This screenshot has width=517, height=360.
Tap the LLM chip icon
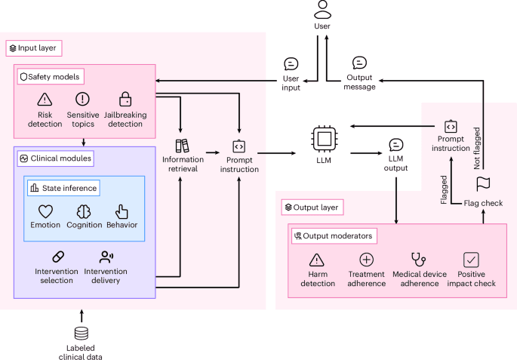pos(323,140)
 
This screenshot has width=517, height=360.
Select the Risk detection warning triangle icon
pos(45,100)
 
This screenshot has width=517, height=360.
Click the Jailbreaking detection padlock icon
pos(125,100)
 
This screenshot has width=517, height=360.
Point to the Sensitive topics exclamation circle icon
pos(83,100)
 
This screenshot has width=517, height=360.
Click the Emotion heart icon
pos(45,211)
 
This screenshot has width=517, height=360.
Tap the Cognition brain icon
pos(84,211)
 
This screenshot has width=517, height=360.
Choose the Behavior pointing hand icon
pos(122,211)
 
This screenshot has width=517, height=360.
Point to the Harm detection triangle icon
pos(317,260)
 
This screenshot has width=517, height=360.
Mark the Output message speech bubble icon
pos(360,63)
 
